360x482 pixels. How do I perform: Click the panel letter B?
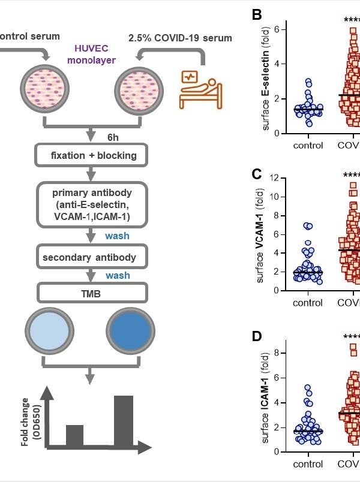click(257, 15)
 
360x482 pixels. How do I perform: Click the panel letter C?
click(257, 174)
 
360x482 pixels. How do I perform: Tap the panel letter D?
click(257, 336)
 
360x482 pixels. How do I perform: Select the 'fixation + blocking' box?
click(92, 156)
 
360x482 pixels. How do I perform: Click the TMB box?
click(92, 293)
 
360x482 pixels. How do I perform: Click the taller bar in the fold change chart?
click(124, 420)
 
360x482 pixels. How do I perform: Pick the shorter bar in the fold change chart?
click(74, 435)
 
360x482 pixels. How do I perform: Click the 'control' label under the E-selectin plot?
click(308, 146)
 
